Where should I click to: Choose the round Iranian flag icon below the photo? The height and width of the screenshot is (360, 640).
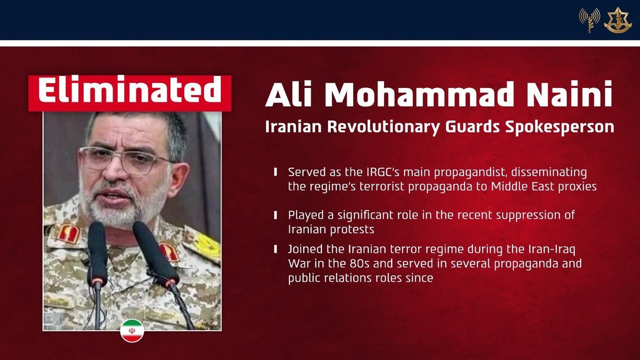pos(132,331)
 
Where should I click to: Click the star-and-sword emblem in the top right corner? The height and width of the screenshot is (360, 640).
pos(617,20)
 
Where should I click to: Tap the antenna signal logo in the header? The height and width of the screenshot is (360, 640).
pos(590,20)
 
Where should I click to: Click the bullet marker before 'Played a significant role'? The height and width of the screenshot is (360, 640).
pos(276,215)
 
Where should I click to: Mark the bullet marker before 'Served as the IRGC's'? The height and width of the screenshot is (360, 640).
pos(276,172)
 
